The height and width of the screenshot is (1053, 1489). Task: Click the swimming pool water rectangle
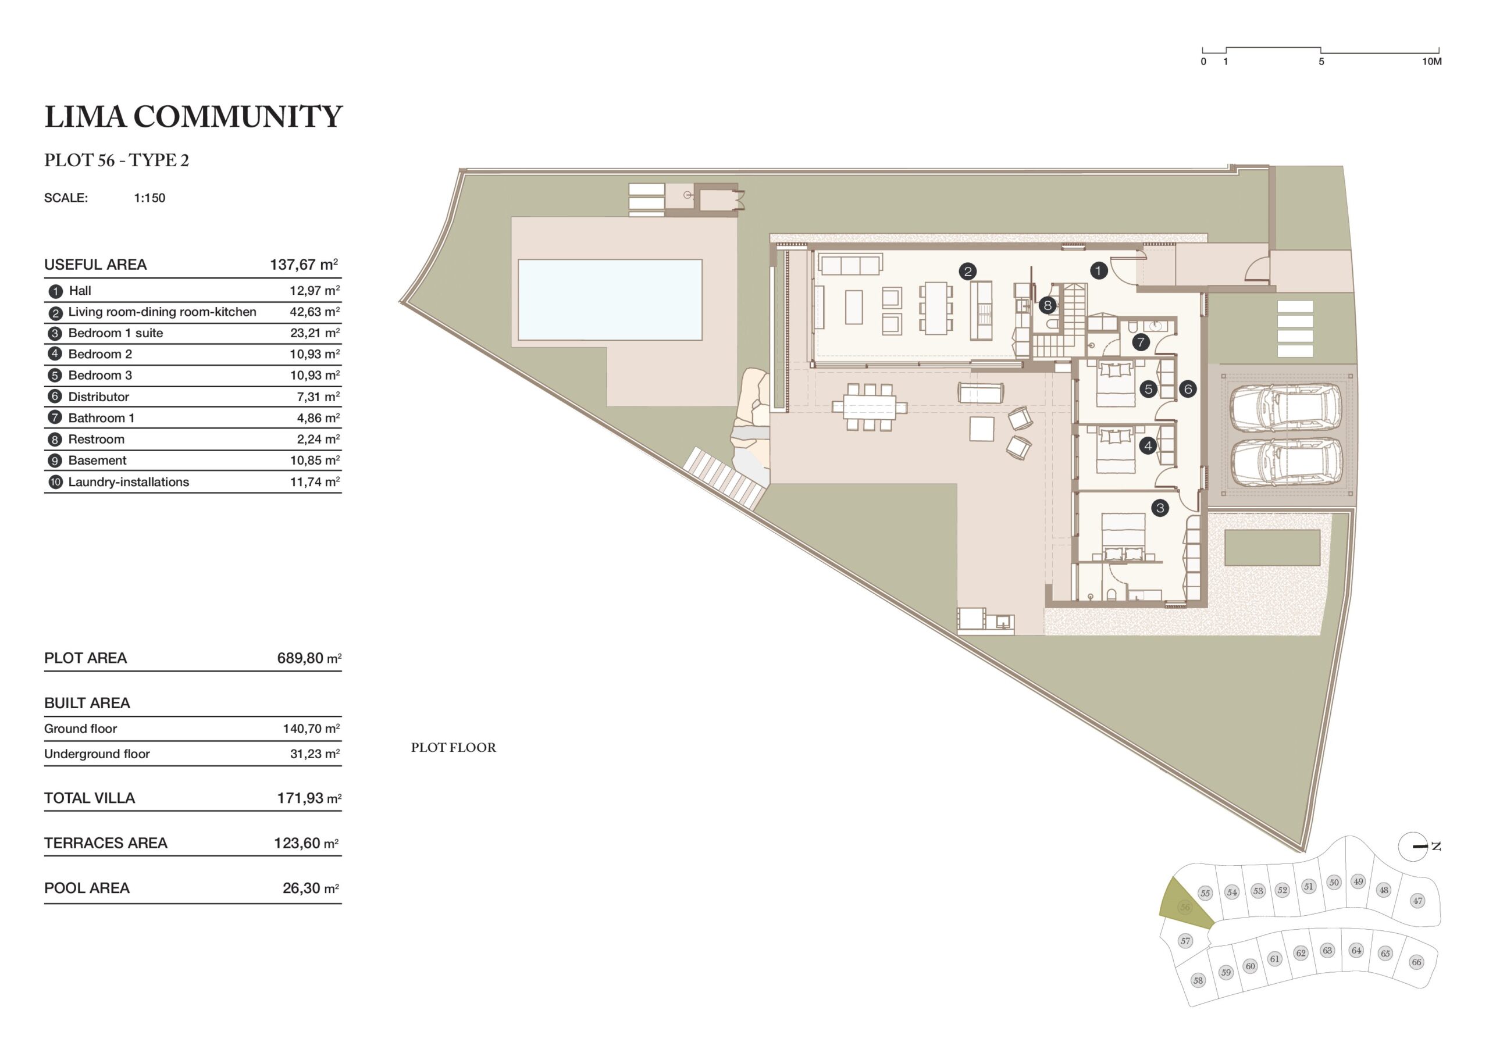[x=610, y=299]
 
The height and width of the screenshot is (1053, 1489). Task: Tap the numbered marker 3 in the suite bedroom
[x=1160, y=508]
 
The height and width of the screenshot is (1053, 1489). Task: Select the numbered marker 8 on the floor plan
[x=1048, y=305]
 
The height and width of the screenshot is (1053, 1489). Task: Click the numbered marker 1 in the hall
[x=1099, y=270]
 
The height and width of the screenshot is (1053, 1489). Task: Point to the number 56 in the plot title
[x=106, y=160]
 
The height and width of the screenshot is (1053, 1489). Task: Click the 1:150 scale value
[x=150, y=198]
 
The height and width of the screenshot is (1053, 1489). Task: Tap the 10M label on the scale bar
[x=1432, y=62]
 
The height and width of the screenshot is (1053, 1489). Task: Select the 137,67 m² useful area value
[x=304, y=264]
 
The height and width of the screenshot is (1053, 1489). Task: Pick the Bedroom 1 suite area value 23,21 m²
[x=315, y=333]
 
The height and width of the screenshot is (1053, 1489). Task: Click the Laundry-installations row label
[x=129, y=482]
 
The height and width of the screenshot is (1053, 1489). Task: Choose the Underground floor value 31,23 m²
[x=315, y=754]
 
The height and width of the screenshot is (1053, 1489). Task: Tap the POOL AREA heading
[x=87, y=888]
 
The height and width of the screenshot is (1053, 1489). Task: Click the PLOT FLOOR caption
[x=453, y=748]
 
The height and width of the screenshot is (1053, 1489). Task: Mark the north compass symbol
[x=1413, y=847]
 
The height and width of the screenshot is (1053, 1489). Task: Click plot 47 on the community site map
[x=1417, y=900]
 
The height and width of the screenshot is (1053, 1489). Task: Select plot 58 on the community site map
[x=1198, y=980]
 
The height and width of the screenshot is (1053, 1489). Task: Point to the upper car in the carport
[x=1285, y=407]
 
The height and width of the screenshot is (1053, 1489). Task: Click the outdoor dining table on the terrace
[x=870, y=407]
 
